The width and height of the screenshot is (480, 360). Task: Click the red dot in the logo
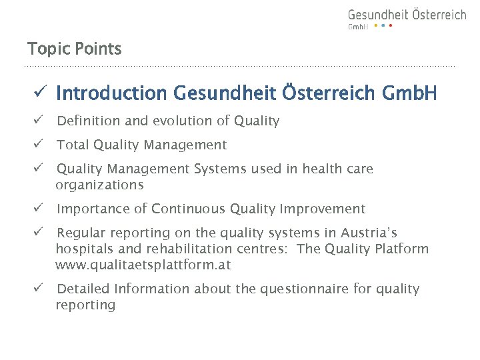point(391,26)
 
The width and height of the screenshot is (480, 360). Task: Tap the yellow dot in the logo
point(375,26)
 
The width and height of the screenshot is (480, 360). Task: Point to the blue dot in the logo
point(383,26)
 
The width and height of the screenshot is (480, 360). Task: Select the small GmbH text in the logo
point(358,27)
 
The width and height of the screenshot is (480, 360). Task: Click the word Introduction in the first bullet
point(113,93)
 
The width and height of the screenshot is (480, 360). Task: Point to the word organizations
point(99,185)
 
